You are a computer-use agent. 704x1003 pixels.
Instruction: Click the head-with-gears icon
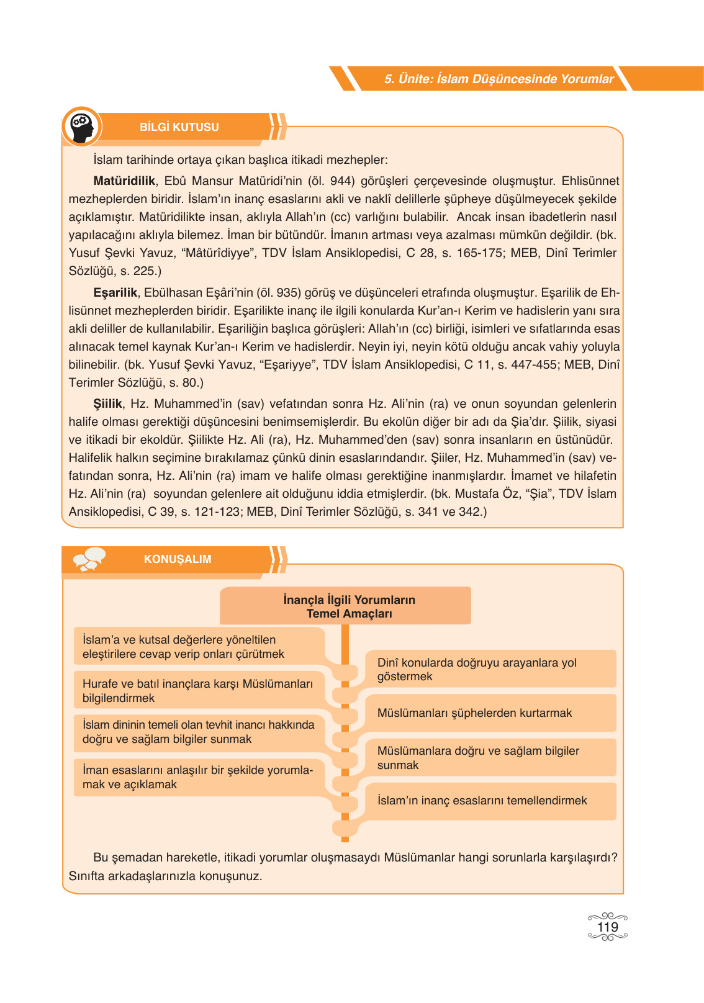(x=82, y=127)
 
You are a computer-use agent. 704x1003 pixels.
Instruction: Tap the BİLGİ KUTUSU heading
(x=179, y=127)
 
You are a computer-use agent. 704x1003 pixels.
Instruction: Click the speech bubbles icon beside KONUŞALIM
(x=89, y=559)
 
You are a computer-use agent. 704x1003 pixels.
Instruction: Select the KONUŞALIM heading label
(x=178, y=559)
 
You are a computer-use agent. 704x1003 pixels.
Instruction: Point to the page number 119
(x=607, y=927)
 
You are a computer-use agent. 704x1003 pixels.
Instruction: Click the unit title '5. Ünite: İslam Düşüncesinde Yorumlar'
(x=499, y=79)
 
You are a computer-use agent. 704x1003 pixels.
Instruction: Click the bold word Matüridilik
(x=124, y=181)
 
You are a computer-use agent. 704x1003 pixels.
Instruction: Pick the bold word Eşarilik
(x=115, y=292)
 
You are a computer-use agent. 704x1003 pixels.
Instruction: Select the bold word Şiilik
(x=108, y=403)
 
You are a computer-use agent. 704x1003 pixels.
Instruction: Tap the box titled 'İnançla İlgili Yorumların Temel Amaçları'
(x=345, y=606)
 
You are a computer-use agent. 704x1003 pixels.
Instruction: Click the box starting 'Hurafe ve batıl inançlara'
(x=199, y=691)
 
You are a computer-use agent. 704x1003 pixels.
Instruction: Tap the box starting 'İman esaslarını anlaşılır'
(x=199, y=777)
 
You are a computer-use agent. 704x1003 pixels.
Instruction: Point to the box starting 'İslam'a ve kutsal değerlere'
(x=199, y=647)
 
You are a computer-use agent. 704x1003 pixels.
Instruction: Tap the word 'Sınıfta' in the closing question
(x=87, y=876)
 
